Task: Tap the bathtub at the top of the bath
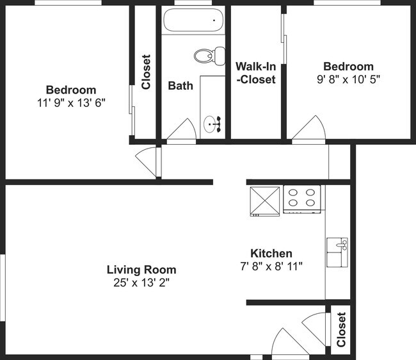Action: coord(193,21)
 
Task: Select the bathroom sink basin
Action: coord(212,124)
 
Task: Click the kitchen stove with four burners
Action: coord(301,199)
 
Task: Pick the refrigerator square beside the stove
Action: coord(264,200)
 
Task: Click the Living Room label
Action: coord(141,270)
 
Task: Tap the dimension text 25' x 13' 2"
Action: coord(141,282)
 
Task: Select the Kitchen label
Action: coord(271,254)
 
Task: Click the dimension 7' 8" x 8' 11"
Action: coord(271,266)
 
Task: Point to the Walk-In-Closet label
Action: coord(255,73)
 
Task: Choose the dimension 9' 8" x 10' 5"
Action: coord(348,79)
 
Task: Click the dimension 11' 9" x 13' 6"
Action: coord(71,102)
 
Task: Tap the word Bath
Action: coord(180,85)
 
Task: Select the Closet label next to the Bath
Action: coord(146,71)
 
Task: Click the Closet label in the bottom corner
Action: coord(341,330)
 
